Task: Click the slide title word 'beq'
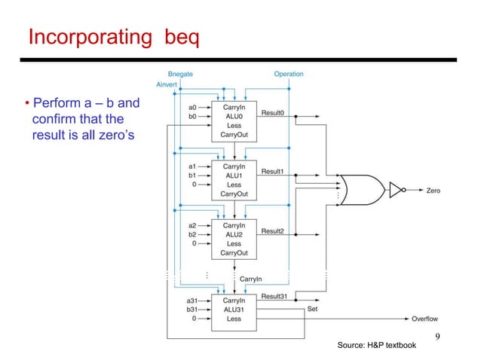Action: (182, 37)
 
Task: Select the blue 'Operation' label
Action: (288, 74)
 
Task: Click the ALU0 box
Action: (234, 121)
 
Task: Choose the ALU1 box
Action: (234, 179)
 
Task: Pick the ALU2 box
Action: (234, 239)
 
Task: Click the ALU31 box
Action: (234, 310)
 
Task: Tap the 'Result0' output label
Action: (272, 112)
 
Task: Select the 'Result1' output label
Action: (272, 172)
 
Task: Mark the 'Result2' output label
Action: (272, 230)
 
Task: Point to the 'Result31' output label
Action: (274, 296)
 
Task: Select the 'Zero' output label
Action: (433, 191)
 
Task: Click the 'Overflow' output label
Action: (424, 319)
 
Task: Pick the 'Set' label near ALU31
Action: (313, 309)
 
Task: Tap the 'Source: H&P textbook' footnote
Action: (376, 345)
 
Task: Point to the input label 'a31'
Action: (192, 301)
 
